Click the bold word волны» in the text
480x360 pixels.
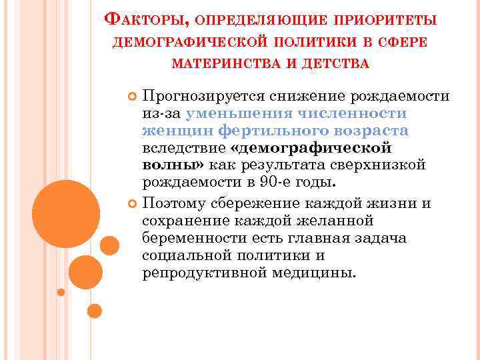point(173,164)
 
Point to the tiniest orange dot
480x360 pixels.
point(61,292)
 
